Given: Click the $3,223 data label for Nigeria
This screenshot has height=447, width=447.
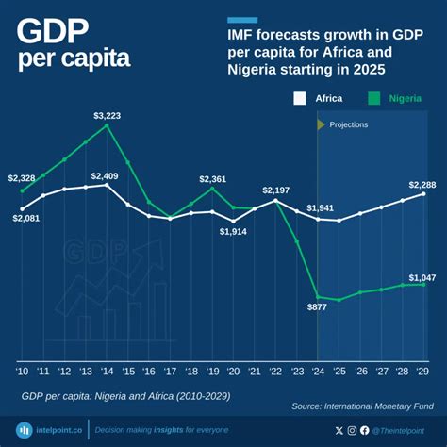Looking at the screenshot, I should (x=107, y=115).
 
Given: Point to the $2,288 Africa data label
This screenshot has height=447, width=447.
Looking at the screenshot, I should (x=422, y=185).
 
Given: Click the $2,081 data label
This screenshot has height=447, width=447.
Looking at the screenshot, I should (x=26, y=218).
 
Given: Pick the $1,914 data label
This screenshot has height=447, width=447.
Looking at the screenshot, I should (x=235, y=231).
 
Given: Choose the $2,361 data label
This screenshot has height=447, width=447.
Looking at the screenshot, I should (x=213, y=178).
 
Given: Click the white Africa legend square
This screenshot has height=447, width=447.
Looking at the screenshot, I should (x=301, y=98).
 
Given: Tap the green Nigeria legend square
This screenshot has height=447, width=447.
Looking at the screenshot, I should (x=374, y=98).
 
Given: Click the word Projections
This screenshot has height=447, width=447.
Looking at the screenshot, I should (x=348, y=124).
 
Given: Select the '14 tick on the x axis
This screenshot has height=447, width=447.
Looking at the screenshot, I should (x=107, y=372).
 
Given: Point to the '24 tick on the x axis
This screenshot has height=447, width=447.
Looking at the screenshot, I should (x=319, y=372).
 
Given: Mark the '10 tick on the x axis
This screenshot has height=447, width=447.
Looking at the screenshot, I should (x=22, y=372).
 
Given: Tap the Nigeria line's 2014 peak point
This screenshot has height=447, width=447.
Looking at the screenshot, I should (x=107, y=125).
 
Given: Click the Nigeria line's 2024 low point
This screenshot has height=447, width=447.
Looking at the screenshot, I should (x=319, y=296).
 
